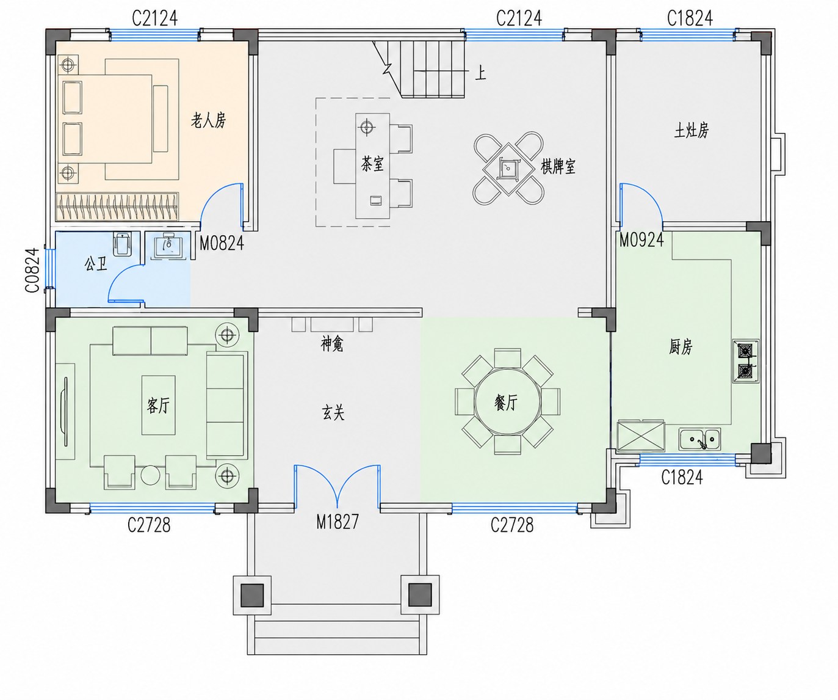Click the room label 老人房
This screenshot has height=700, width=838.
pos(208,120)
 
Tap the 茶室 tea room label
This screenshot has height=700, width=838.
pos(372,164)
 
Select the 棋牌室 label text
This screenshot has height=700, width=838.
pos(558,166)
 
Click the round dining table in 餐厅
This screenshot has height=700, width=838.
pos(507,401)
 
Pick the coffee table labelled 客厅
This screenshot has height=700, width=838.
pos(158,405)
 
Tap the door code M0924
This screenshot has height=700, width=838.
pos(641,240)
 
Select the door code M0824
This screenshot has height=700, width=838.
pos(222,243)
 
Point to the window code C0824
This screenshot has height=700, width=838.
pos(32,270)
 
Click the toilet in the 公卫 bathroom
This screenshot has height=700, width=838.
pos(122,244)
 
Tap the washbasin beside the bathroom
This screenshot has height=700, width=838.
pos(169,245)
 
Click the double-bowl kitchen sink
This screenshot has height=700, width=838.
pos(699,439)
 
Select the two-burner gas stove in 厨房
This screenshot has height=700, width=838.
pos(746,361)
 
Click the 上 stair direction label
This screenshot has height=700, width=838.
pos(480,73)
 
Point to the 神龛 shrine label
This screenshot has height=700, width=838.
pos(332,344)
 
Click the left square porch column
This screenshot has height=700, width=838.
pos(252,595)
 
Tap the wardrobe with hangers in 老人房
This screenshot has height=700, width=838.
pos(117,206)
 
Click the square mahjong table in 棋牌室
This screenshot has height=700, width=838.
pos(508,169)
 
